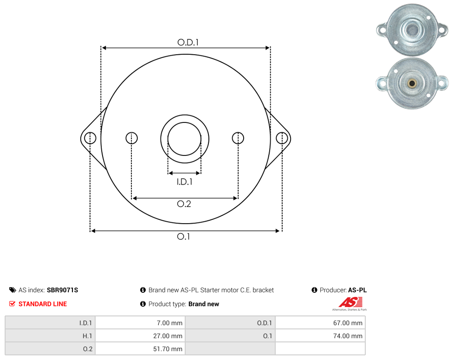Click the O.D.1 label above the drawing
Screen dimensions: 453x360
[x=188, y=42]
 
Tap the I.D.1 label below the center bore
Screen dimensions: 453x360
[x=184, y=181]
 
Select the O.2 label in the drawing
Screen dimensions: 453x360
[x=184, y=204]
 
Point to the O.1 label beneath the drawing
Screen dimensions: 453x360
[x=183, y=237]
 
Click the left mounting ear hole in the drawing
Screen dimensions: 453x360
[x=90, y=138]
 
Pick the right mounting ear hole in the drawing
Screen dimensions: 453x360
[x=282, y=138]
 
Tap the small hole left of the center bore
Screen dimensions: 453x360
[x=131, y=138]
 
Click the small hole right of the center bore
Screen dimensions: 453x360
[x=238, y=138]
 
